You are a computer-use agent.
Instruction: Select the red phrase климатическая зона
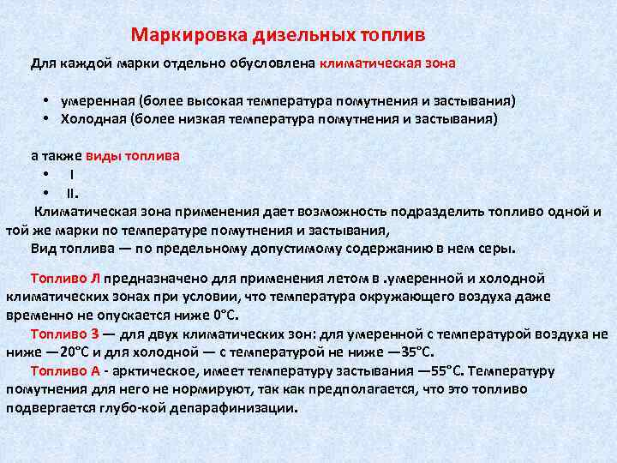pyautogui.click(x=388, y=63)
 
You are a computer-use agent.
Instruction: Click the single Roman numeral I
pyautogui.click(x=72, y=175)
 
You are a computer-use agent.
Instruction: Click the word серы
pyautogui.click(x=499, y=249)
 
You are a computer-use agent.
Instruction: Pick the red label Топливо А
pyautogui.click(x=66, y=371)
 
